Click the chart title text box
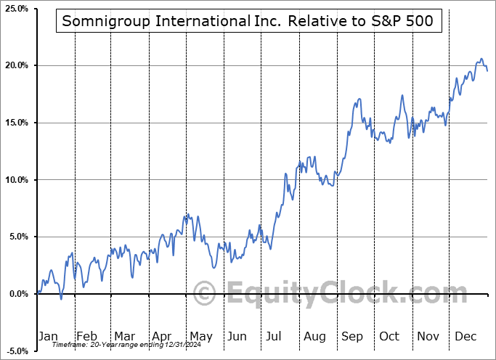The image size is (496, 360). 248,22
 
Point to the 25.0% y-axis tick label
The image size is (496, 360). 15,9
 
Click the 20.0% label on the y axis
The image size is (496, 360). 15,65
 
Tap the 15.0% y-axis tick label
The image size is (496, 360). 15,123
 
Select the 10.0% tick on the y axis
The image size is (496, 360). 15,180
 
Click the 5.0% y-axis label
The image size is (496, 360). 17,237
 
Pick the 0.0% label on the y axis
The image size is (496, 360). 17,294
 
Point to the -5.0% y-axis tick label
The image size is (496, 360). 16,351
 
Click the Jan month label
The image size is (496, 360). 47,336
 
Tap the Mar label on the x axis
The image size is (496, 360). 123,336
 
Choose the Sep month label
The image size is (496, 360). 353,336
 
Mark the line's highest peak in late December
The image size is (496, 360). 481,59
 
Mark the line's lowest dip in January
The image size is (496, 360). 61,298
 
